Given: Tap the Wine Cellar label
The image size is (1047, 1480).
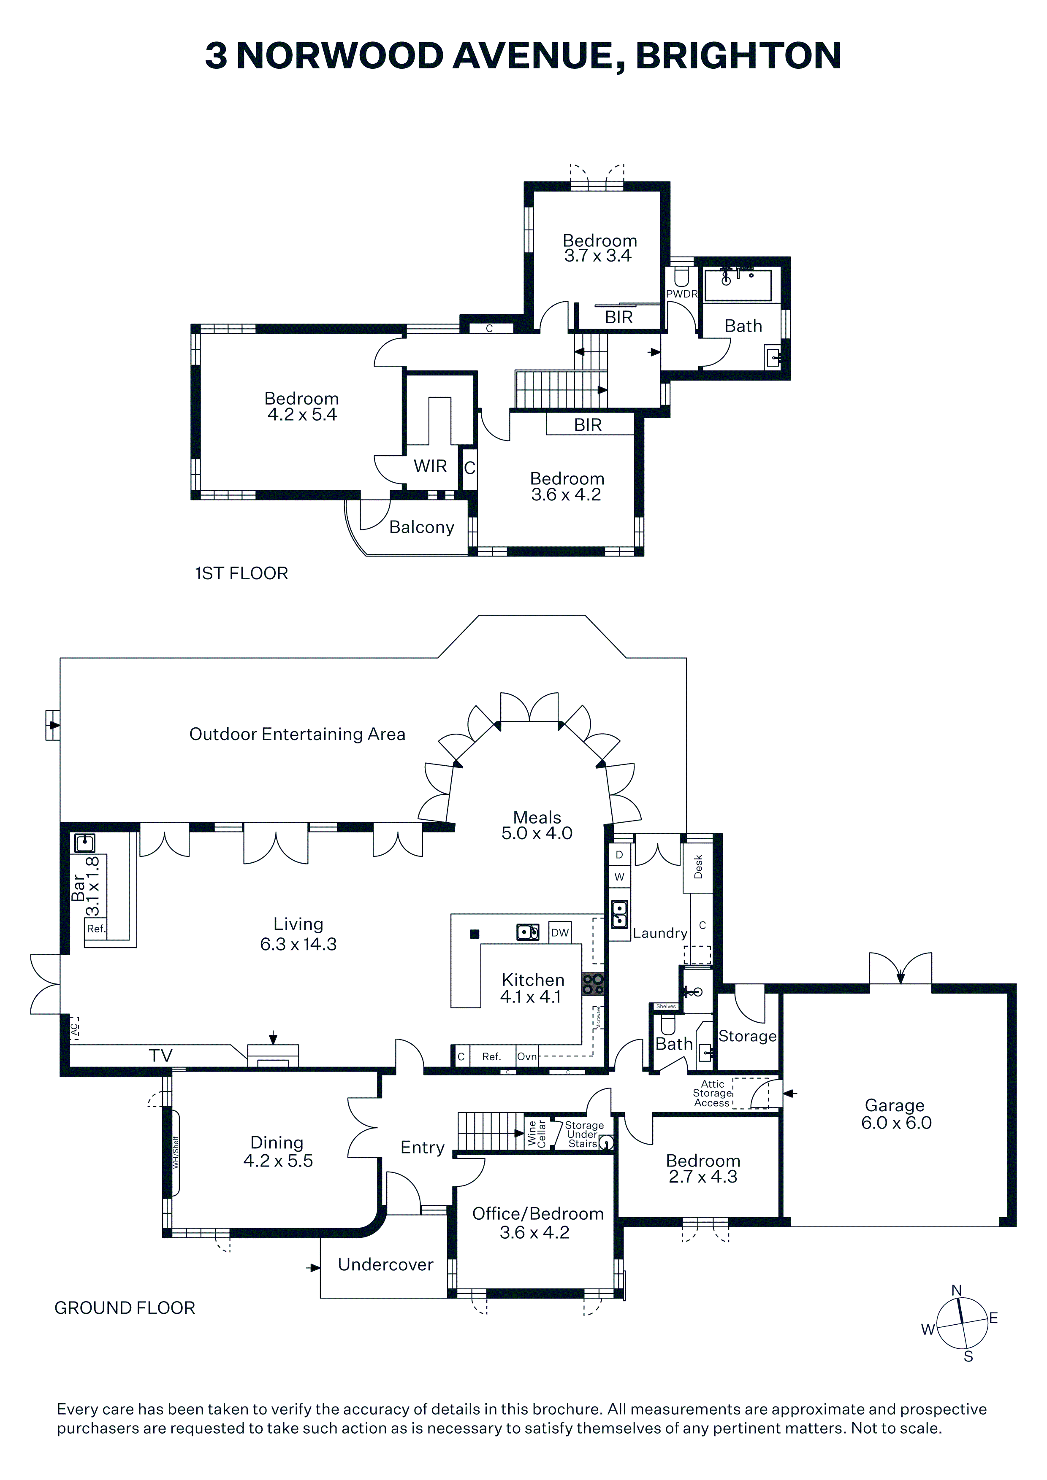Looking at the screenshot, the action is [x=537, y=1133].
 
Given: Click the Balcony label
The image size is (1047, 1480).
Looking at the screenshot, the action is [x=422, y=527].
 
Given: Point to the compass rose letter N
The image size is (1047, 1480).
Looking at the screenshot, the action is [x=957, y=1291].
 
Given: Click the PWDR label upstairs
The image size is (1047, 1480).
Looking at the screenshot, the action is [x=682, y=294].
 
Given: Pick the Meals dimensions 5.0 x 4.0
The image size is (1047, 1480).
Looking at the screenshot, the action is [x=537, y=834].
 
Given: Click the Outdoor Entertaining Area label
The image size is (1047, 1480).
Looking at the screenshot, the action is [x=297, y=734].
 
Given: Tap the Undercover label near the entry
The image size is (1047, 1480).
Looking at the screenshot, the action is [x=386, y=1265].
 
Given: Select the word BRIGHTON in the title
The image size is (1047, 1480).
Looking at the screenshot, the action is [x=739, y=55].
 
